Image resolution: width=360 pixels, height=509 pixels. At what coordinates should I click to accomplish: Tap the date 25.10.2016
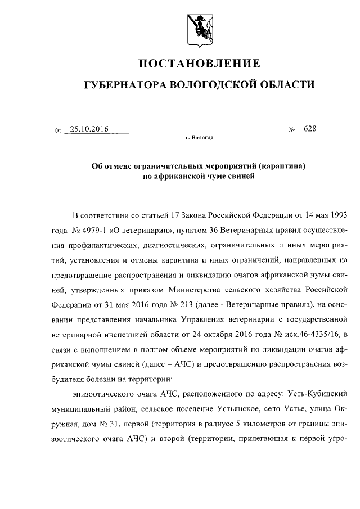[x=89, y=129]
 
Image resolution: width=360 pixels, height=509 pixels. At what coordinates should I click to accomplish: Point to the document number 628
[x=310, y=129]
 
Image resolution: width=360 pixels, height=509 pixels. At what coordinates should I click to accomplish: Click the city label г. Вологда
[x=199, y=137]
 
